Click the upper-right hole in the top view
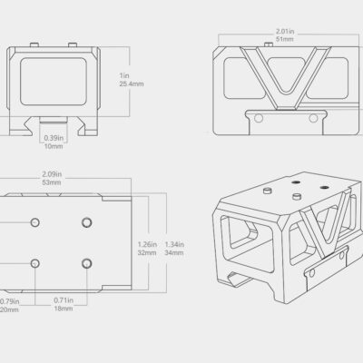pos(87,222)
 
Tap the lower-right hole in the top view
pos(87,262)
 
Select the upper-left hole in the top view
pos(35,222)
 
